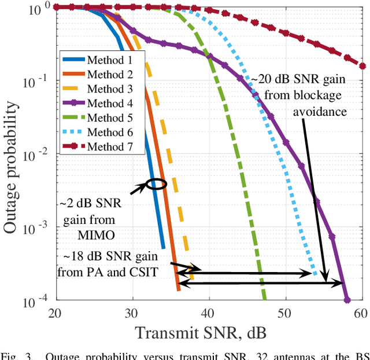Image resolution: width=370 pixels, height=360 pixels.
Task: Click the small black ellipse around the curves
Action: (157, 184)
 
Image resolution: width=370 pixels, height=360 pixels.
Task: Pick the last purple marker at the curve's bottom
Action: (347, 300)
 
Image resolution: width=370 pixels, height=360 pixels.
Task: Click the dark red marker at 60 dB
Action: (362, 65)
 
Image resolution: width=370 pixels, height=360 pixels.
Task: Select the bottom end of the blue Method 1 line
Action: (163, 247)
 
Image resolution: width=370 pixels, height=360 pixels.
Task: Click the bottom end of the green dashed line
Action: (264, 299)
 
